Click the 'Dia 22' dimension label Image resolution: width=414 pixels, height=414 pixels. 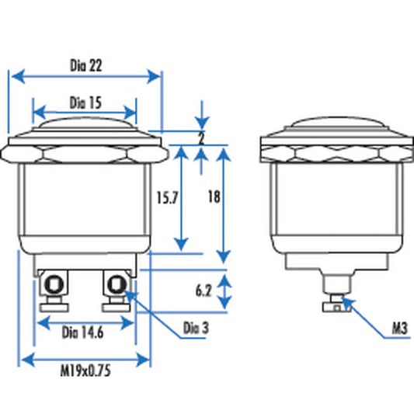pos(85,66)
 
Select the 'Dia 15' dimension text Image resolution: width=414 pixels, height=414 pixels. pos(85,102)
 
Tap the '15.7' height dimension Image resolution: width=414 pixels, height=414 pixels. pos(168,197)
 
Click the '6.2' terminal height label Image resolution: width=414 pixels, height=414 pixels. pos(204,292)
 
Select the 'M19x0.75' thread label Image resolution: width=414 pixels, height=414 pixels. pos(85,371)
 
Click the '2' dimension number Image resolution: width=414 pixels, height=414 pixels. pos(200,140)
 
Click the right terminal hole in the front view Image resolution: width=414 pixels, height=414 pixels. pos(117,282)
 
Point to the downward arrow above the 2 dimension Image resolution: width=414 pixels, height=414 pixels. pos(201,123)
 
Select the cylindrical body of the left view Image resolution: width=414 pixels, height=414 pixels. pos(85,202)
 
